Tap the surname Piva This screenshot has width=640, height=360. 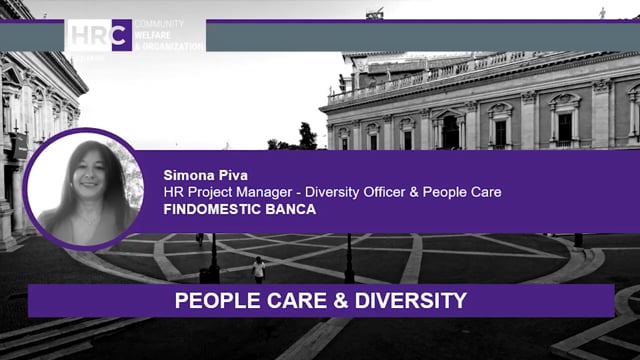[x=229, y=173]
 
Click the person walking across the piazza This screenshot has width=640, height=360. [x=259, y=269]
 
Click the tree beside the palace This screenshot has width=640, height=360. [x=306, y=137]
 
